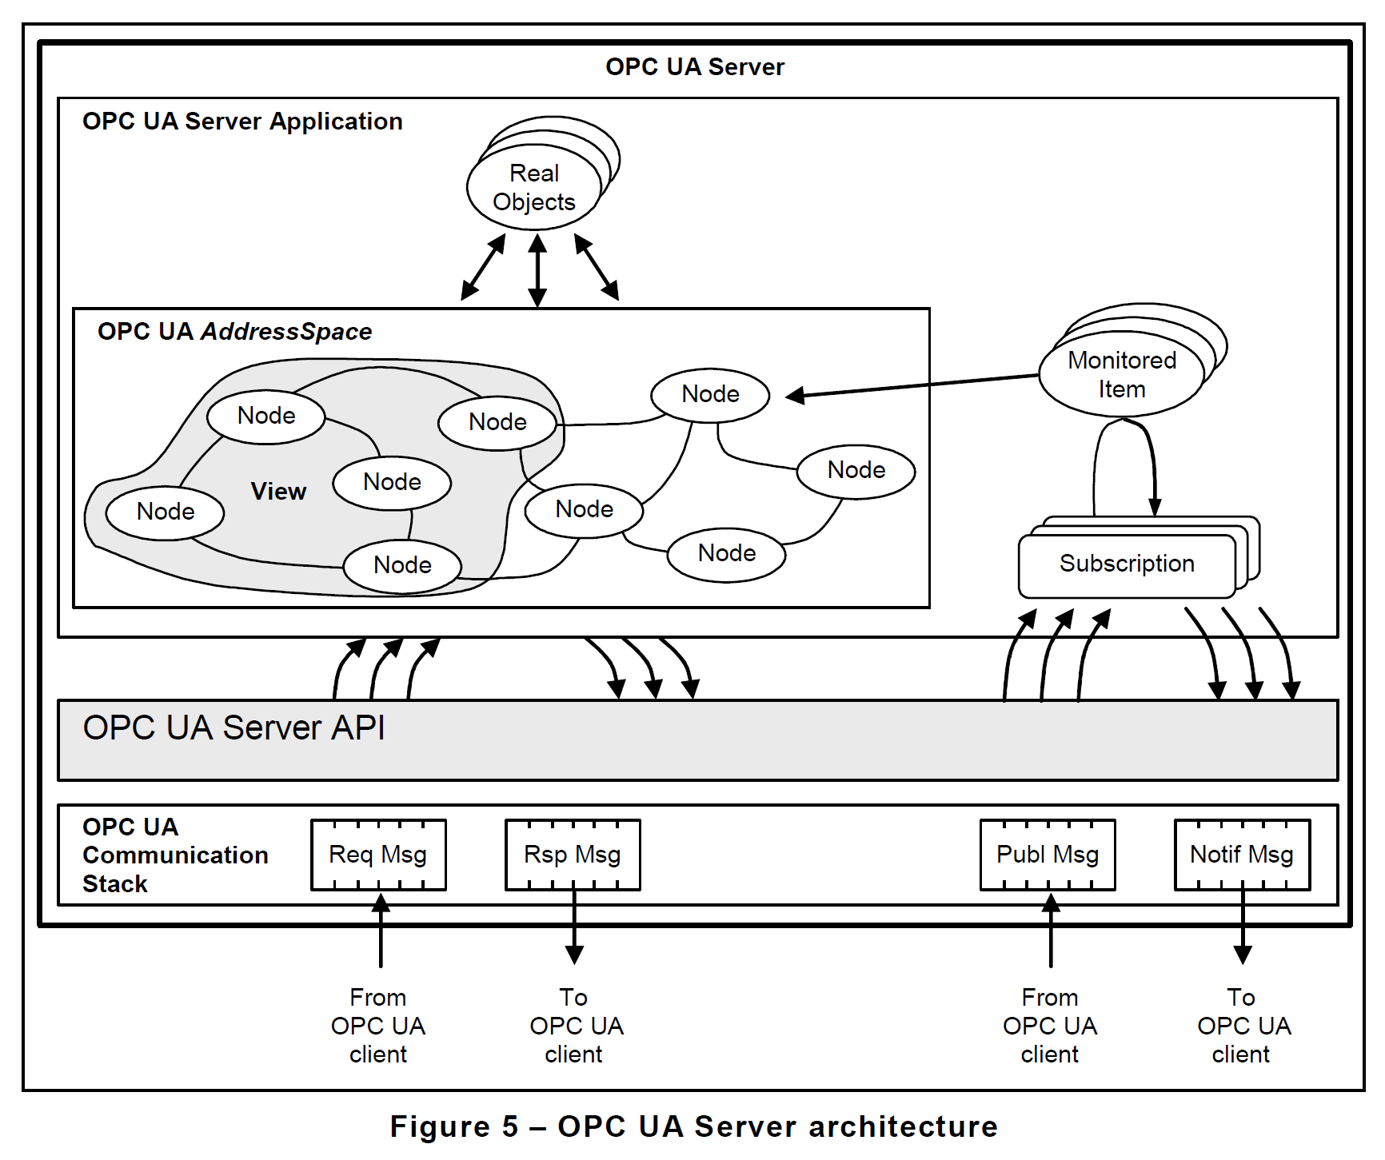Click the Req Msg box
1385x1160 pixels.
378,855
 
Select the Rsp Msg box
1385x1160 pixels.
573,855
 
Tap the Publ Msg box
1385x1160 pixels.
1048,855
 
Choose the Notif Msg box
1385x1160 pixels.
1242,855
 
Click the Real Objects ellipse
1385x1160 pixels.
534,188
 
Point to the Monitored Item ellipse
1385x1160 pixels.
1122,374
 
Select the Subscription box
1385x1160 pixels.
1127,564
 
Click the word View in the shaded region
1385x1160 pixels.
278,491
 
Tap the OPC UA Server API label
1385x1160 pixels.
233,728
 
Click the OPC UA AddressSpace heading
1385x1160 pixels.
234,332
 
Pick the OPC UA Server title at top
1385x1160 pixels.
694,67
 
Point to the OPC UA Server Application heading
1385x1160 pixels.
242,122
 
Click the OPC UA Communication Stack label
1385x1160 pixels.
174,855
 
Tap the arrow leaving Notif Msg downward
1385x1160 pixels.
1242,927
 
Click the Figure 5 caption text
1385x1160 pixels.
693,1126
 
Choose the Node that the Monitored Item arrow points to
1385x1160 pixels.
710,395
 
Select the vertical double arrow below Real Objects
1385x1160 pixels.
537,270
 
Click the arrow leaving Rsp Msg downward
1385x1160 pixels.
574,927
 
